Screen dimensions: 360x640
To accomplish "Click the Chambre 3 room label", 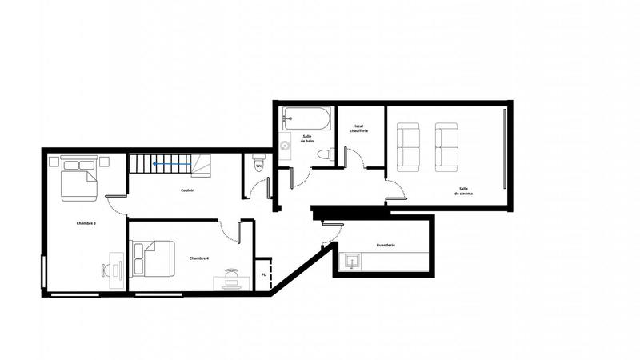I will tap(86, 223).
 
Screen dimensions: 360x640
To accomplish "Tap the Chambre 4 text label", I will tap(199, 258).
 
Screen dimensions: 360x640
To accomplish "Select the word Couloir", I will tap(186, 190).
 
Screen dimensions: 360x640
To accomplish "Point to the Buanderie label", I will tap(386, 246).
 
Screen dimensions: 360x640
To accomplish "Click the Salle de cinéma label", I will tap(464, 192).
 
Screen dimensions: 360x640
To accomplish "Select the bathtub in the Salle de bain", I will tap(306, 119).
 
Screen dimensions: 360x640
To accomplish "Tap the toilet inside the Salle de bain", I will tap(323, 154).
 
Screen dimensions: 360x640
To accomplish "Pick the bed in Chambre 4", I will tap(154, 257).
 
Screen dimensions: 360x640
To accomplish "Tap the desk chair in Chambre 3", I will tap(107, 270).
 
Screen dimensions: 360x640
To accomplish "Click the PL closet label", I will tap(264, 274).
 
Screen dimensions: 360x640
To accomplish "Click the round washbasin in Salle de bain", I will tap(286, 146).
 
